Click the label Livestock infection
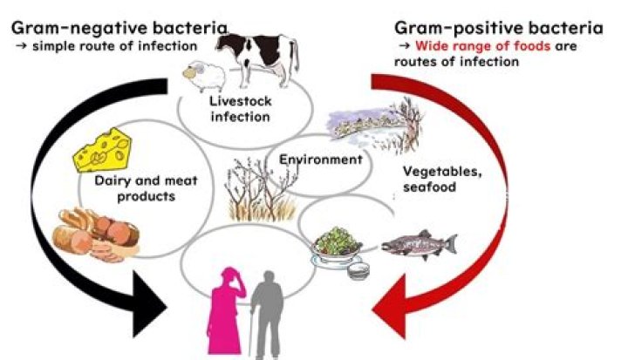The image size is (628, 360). coord(239,108)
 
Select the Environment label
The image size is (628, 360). coord(320,160)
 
